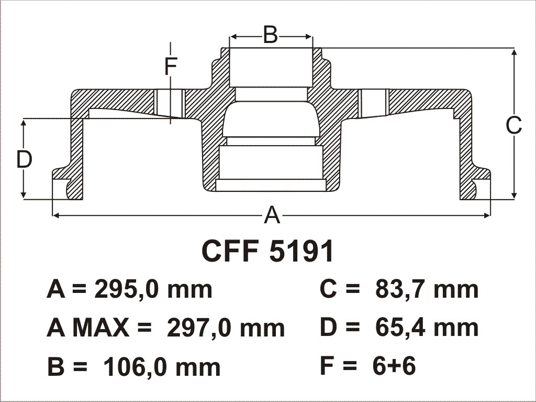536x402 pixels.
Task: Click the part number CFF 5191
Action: click(x=267, y=251)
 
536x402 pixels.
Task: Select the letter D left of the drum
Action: click(x=24, y=159)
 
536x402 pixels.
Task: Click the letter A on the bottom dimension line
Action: click(x=272, y=215)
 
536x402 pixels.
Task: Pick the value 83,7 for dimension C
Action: click(x=401, y=290)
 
